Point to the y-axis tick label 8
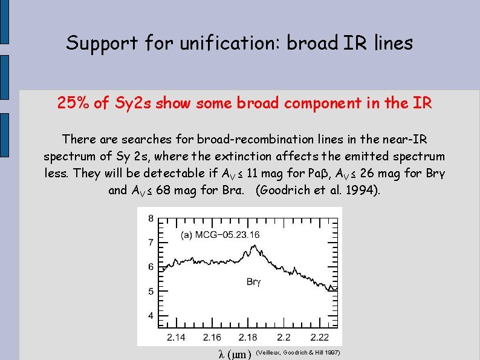(151, 218)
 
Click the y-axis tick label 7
(151, 243)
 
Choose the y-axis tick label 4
(151, 316)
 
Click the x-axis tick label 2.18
(248, 336)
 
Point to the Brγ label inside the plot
(255, 281)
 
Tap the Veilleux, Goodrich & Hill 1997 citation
(299, 352)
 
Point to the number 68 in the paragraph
(162, 191)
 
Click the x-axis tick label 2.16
(212, 336)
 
